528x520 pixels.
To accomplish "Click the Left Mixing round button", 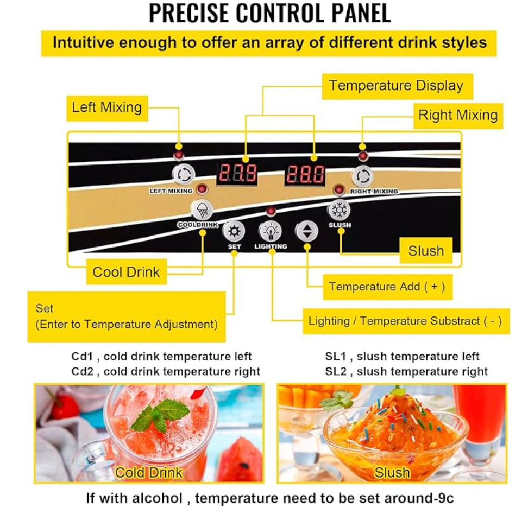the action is (x=184, y=174).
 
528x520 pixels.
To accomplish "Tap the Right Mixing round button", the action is (x=363, y=176).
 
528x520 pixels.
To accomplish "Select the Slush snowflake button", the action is (x=339, y=210).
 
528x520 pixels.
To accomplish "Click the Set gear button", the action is (x=234, y=231).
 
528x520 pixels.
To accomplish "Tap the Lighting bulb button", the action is (x=270, y=231).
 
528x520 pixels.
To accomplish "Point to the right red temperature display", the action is (x=305, y=174).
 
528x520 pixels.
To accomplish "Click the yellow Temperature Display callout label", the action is (x=397, y=86).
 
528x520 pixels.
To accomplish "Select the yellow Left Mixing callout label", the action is (x=107, y=108).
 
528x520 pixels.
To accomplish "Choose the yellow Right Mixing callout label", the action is (x=458, y=116).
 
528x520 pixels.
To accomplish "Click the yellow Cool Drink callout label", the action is (x=126, y=271).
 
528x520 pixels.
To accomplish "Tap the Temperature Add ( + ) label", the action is (x=388, y=287).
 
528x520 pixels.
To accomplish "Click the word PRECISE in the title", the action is (x=188, y=13).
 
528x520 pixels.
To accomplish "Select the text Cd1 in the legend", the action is (x=82, y=357).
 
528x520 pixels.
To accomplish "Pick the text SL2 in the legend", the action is (x=335, y=372).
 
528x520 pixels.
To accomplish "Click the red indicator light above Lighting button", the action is (x=271, y=211).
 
